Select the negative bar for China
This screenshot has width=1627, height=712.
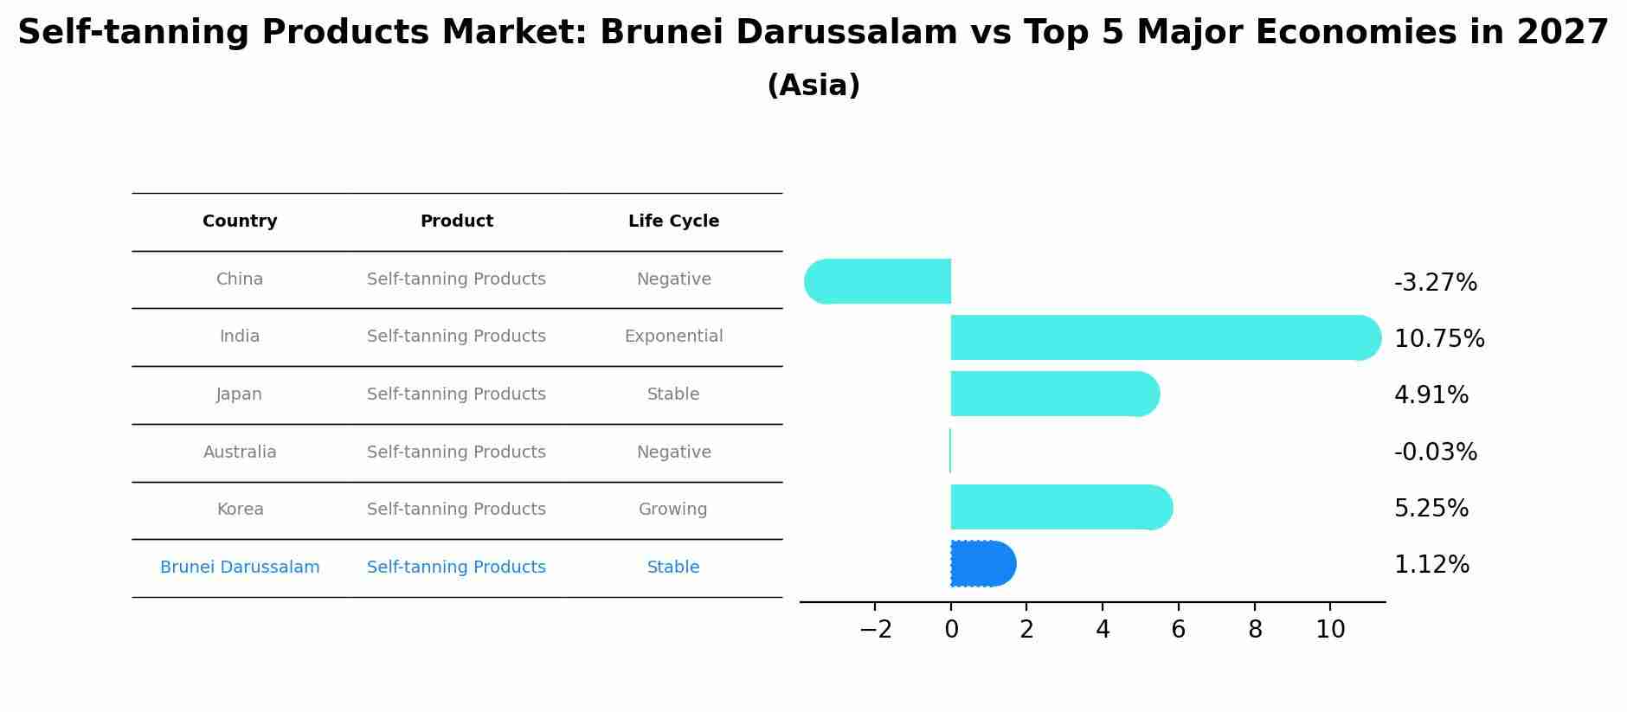point(878,281)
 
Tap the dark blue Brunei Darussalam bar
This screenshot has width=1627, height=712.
point(982,564)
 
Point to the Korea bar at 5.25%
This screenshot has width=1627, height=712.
point(1060,507)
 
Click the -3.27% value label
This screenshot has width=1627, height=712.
point(1435,283)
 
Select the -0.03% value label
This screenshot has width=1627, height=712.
point(1435,452)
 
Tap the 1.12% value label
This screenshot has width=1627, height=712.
point(1431,565)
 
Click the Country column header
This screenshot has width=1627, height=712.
point(240,221)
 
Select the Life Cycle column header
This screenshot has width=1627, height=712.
point(673,221)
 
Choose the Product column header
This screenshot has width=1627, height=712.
point(456,221)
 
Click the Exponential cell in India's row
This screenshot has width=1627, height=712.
point(673,337)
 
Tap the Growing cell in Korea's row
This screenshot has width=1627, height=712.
point(672,510)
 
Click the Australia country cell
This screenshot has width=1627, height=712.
point(240,452)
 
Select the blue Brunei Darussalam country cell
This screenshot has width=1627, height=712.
point(240,568)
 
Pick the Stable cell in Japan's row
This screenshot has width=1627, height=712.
point(672,394)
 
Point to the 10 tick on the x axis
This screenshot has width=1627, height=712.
point(1330,630)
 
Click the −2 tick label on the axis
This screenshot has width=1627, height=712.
point(875,630)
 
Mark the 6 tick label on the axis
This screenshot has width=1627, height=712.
point(1178,630)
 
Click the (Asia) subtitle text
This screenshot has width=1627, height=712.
point(813,86)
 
